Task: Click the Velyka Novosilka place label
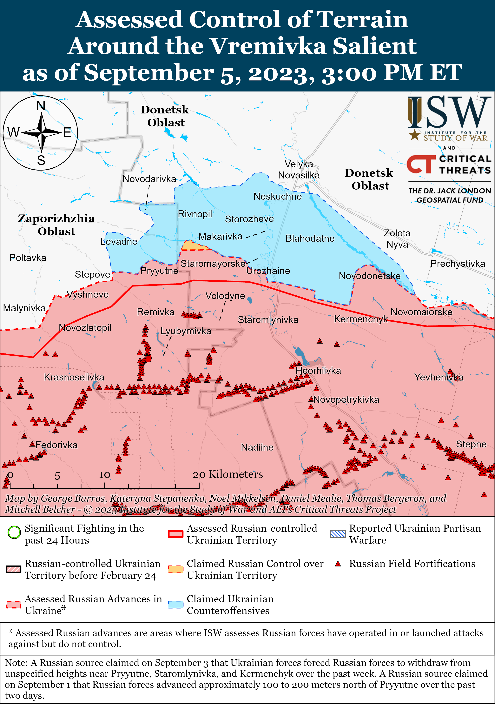pos(299,170)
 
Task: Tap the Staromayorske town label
pos(213,263)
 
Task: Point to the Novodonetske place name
pos(369,276)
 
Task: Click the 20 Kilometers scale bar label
pos(228,474)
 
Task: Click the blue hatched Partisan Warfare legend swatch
pos(338,534)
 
